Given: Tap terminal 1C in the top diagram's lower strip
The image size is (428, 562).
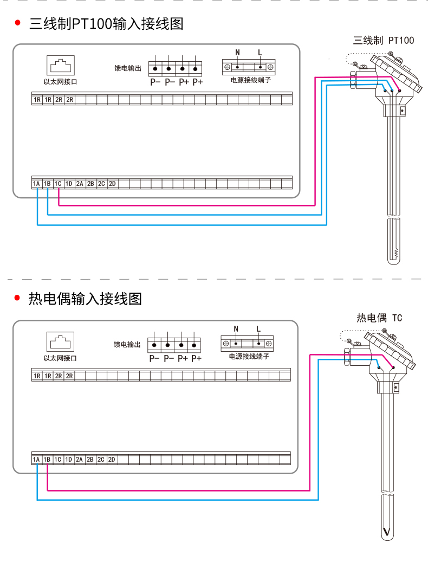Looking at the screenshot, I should coord(58,184).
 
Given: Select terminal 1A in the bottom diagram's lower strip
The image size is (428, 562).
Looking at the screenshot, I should coord(36,460).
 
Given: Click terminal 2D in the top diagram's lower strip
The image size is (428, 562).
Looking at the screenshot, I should coord(112,184).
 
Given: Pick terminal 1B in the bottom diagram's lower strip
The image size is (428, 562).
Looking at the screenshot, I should coord(47,460).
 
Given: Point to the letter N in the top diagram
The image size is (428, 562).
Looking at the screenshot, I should coord(237,53).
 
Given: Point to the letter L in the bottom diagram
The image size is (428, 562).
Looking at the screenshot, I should coord(258,328).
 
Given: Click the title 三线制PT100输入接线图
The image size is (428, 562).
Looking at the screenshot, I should coord(106,24).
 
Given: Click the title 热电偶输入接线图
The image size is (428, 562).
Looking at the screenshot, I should coord(85,299).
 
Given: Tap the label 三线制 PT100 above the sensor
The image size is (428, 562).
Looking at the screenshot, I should coord(383,40).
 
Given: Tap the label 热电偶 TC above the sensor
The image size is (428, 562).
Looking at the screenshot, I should coord(379,318).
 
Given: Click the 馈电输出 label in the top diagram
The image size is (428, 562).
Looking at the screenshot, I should coord(127,69).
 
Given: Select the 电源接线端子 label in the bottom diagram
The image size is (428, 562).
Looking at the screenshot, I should coord(249,357).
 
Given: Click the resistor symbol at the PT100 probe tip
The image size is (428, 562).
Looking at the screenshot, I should coord(396,253).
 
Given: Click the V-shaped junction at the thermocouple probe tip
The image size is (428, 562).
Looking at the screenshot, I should coord(387,532).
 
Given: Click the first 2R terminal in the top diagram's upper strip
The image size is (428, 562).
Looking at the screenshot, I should coord(59,100).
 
